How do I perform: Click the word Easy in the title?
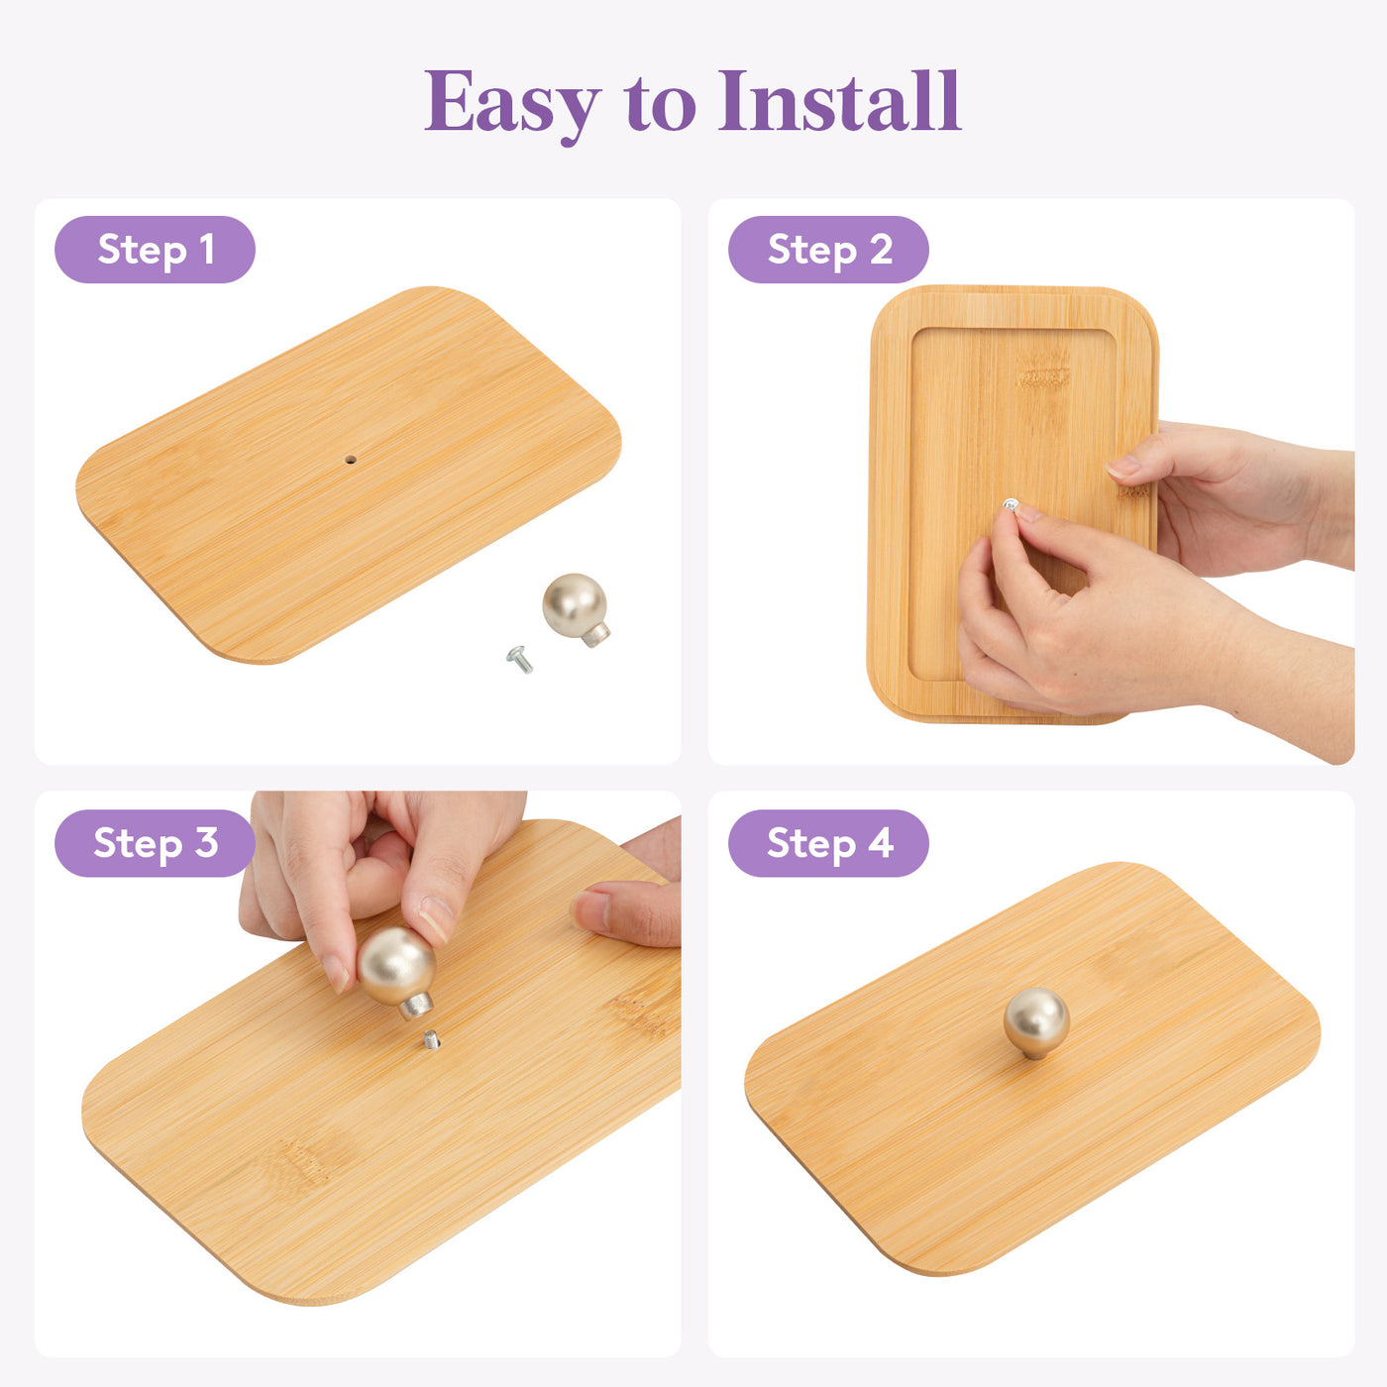pos(512,104)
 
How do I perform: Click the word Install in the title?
pos(839,101)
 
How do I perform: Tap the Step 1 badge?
pos(155,249)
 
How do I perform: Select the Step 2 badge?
pos(828,249)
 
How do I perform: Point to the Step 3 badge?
pos(155,843)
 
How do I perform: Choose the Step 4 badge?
pos(828,843)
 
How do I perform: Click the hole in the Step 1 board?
pos(351,460)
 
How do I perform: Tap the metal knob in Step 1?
pos(576,609)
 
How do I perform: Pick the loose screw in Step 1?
pos(519,659)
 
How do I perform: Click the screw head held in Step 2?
pos(1010,504)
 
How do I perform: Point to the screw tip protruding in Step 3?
pos(430,1039)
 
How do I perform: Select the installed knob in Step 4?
pos(1036,1022)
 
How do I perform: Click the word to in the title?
pos(661,105)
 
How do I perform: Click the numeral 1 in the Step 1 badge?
pos(207,249)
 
